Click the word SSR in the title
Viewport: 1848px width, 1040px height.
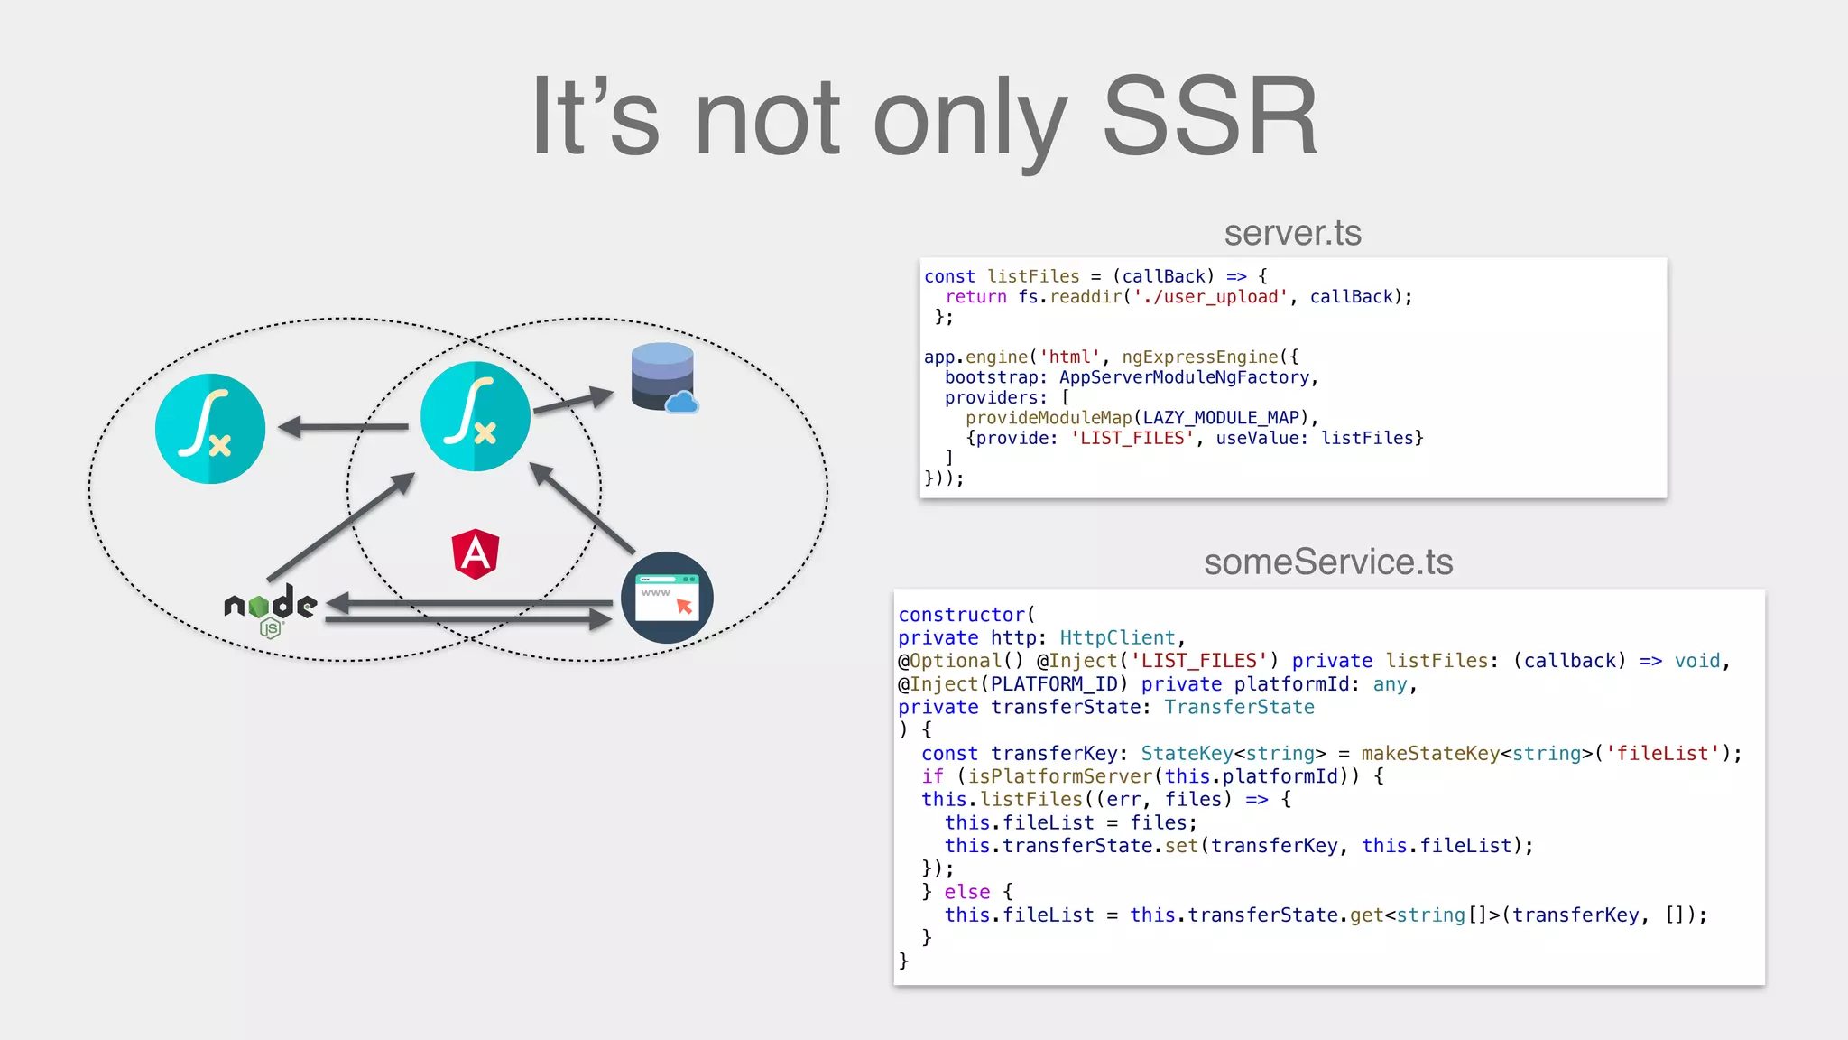[1211, 117]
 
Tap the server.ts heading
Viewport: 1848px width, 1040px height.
[1292, 233]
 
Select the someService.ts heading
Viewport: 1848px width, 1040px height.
[1328, 562]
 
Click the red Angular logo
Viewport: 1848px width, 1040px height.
[476, 552]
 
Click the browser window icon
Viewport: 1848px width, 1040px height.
[667, 598]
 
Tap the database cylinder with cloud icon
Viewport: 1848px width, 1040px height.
[664, 378]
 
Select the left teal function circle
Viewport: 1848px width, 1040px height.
[210, 428]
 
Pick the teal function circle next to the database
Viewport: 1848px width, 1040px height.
[476, 416]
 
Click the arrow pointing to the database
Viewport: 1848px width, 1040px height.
[573, 401]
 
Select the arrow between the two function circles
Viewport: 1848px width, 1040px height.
[343, 427]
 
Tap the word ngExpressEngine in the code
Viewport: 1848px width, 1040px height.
[1200, 357]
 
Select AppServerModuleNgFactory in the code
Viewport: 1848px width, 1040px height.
[1184, 377]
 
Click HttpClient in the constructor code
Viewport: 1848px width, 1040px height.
[1117, 638]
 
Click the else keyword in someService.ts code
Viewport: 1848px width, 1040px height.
[967, 892]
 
